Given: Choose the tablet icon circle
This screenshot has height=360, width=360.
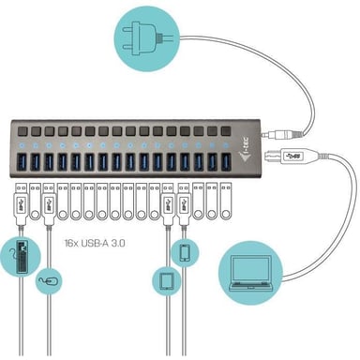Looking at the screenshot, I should point(166,281).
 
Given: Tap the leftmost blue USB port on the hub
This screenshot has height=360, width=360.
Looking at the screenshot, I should point(21,161).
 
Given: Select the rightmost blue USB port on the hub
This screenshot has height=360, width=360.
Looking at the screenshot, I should point(224,161).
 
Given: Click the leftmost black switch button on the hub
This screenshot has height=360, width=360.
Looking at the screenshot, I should point(21,127).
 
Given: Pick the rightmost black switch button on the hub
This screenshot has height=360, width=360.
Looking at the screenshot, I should point(225,127).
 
